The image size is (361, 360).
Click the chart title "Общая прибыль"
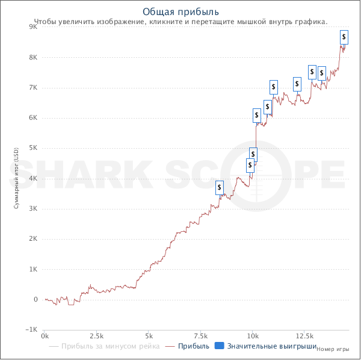180,11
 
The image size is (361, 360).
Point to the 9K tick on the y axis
34,27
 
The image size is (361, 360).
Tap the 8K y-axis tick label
34,57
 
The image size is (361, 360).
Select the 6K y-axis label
34,118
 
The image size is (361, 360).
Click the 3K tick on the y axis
34,209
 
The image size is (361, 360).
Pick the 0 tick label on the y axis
36,300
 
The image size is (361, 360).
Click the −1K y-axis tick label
32,330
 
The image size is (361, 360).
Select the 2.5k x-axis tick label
96,335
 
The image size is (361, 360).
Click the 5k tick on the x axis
149,335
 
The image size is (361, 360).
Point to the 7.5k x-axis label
200,335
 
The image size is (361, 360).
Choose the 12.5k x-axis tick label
304,335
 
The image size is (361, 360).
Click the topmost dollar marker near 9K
344,36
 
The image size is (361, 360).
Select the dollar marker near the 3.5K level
219,187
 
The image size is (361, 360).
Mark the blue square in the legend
220,346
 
